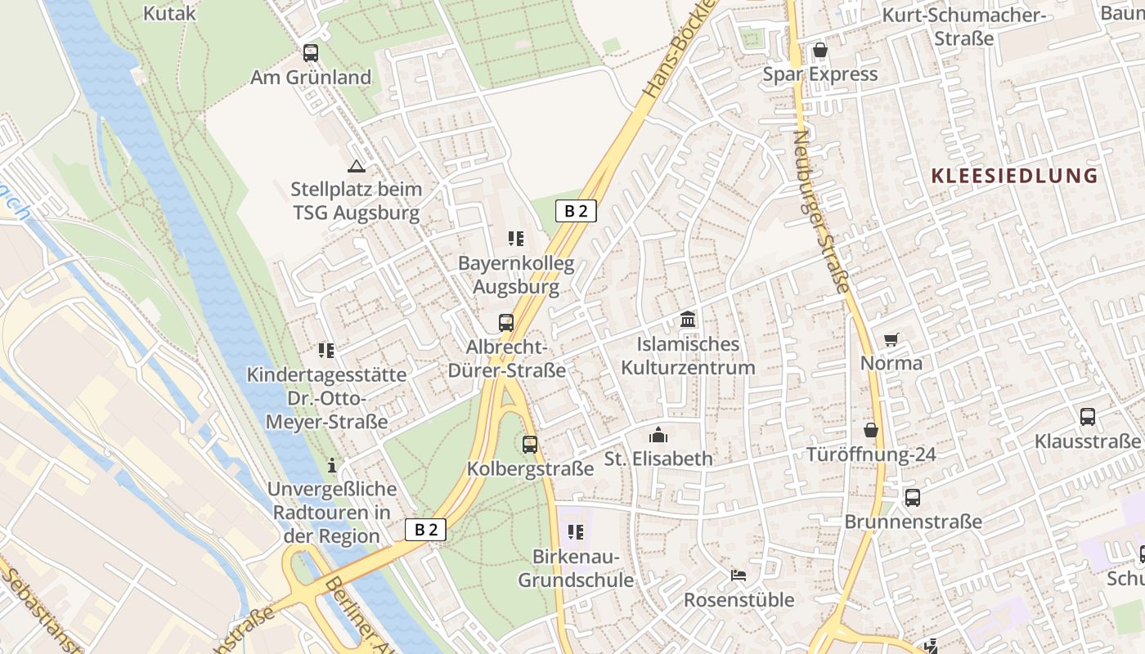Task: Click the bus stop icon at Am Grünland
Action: (311, 53)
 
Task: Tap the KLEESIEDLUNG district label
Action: (1014, 176)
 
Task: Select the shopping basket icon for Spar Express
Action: (820, 51)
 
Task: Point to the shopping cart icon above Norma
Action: (891, 339)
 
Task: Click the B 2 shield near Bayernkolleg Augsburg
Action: (576, 211)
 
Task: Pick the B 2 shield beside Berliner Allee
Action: (425, 529)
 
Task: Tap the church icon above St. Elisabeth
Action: (658, 434)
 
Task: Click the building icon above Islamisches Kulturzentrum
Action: (688, 319)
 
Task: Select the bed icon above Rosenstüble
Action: (739, 575)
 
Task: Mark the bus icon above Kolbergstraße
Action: (530, 445)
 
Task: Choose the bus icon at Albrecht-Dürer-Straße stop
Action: (506, 322)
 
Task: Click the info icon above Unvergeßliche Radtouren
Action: (332, 465)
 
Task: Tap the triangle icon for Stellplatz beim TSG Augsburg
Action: (356, 167)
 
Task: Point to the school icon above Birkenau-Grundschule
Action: (576, 532)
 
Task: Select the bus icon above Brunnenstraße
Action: (913, 497)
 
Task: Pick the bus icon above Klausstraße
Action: (1088, 417)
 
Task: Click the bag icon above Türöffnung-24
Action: (871, 430)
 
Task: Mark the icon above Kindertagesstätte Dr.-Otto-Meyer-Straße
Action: (326, 351)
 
